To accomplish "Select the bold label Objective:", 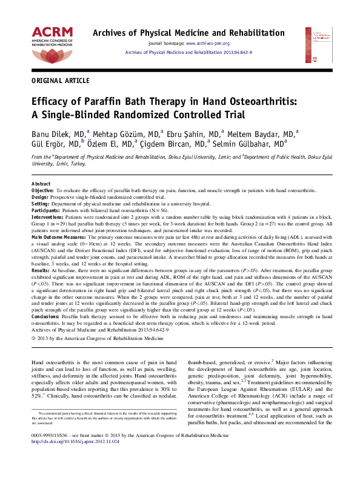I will coord(43,190).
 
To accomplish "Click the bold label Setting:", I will coord(40,204).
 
